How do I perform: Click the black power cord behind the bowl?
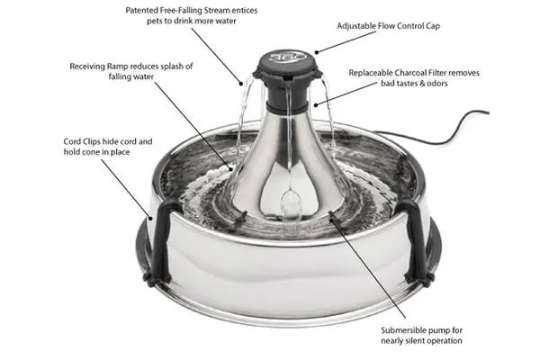click(468, 117)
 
